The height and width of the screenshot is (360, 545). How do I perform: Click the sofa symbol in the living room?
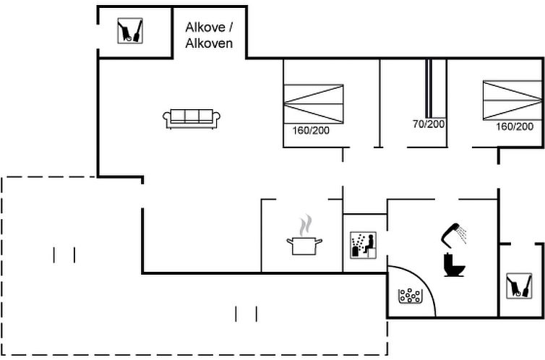192,119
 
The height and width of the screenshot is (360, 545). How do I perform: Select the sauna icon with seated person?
363,245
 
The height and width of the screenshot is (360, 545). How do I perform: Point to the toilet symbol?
454,265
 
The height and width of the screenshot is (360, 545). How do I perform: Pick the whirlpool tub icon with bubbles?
410,296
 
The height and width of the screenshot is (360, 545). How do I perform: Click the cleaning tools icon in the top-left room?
130,31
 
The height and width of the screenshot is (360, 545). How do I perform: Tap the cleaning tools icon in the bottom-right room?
519,286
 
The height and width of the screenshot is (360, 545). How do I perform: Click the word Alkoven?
209,43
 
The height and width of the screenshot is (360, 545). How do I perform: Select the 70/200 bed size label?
429,124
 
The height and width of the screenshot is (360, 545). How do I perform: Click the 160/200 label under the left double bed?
311,131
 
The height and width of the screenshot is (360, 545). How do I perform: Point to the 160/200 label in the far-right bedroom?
515,126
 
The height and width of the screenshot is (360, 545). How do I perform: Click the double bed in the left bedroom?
314,104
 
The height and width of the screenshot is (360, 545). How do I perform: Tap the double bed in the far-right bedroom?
512,100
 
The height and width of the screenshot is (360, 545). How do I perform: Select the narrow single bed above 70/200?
429,88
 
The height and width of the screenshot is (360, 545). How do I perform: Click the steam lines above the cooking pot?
305,225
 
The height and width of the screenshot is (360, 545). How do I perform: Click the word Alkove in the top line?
206,27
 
